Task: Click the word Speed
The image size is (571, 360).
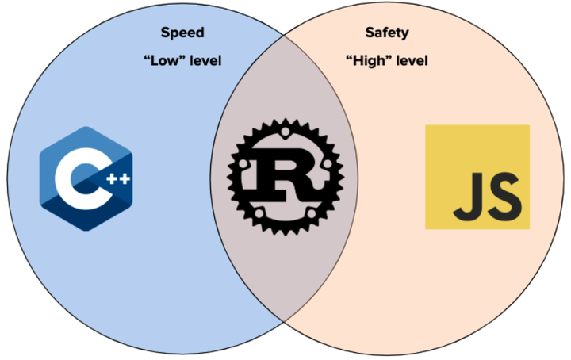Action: pos(182,33)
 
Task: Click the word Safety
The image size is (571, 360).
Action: pos(387,33)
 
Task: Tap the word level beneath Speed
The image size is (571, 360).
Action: pos(204,61)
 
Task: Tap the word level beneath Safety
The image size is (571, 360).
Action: pos(412,61)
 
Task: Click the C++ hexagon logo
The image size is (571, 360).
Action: pos(85,178)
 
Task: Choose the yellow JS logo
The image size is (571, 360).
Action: pos(477,177)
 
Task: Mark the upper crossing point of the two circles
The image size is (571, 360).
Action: pos(285,36)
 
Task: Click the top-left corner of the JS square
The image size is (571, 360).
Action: pos(427,125)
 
